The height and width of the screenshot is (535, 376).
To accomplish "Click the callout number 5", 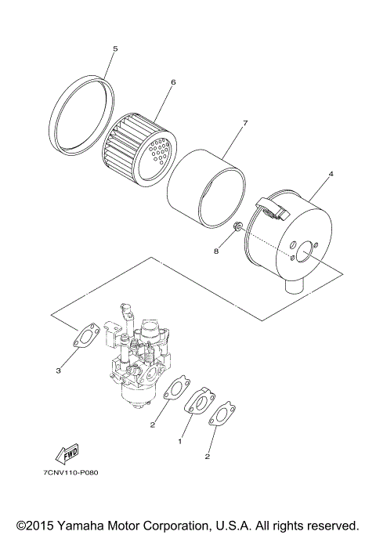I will click(114, 49).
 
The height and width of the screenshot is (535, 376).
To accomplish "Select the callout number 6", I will click(172, 81).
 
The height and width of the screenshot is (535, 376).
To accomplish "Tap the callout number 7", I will click(245, 123).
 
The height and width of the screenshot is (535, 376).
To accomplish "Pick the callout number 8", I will click(216, 251).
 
